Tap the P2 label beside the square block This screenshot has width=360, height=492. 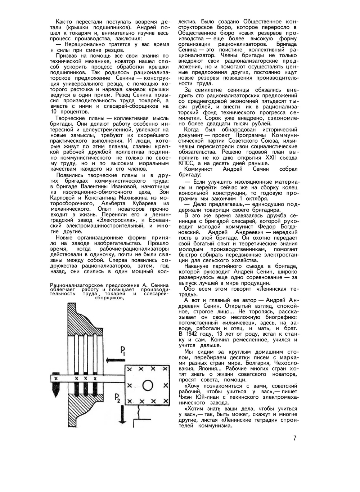coord(118,398)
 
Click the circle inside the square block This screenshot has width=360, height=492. coord(147,385)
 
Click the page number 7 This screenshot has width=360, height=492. coord(294,438)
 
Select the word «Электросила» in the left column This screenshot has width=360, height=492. coord(118,220)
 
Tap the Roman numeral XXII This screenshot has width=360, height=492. coord(280,158)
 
